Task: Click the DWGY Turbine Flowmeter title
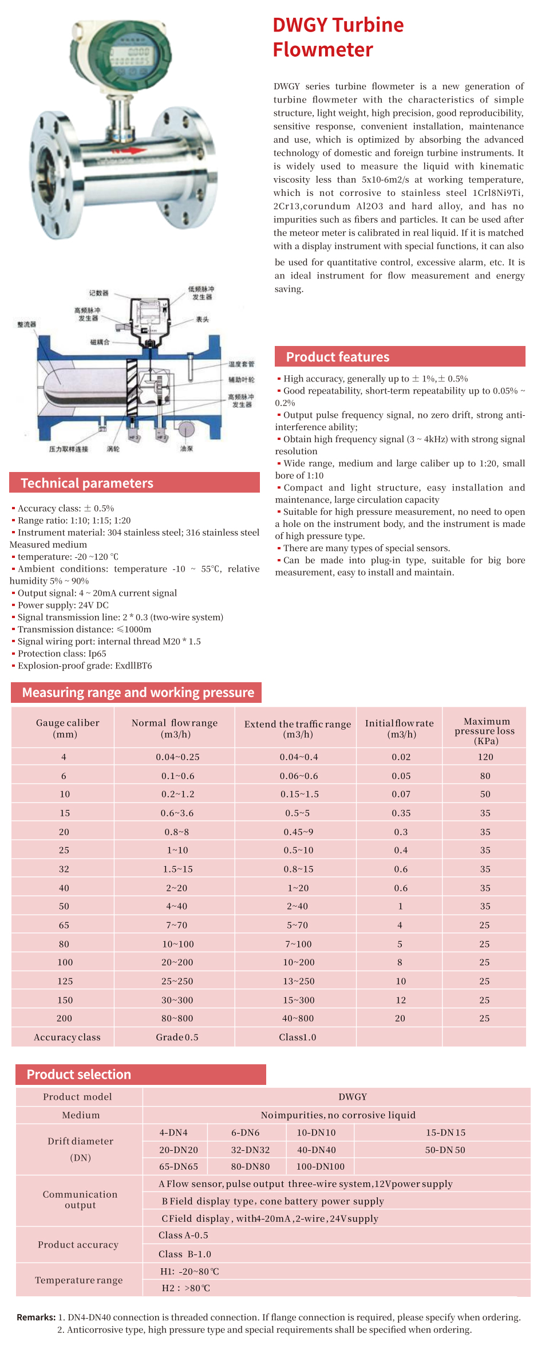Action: (338, 37)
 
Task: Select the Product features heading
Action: (337, 357)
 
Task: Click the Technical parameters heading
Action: (87, 483)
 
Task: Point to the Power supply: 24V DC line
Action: (63, 605)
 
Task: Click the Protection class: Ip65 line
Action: (62, 654)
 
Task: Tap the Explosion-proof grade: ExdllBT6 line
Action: (85, 666)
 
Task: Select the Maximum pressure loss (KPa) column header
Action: (485, 731)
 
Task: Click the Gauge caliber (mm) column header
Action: (68, 728)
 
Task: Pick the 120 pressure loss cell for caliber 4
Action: (485, 757)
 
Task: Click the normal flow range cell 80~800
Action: (177, 1018)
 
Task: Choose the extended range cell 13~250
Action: (299, 981)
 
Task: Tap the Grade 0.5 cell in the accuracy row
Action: (177, 1037)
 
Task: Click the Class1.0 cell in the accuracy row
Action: (298, 1037)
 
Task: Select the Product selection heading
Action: (79, 1074)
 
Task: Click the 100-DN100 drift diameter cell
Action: (321, 1166)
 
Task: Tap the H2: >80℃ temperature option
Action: (186, 1288)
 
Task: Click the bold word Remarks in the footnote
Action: (36, 1317)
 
